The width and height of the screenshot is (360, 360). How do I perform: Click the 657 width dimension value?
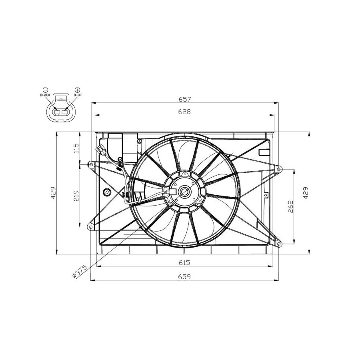click(184, 99)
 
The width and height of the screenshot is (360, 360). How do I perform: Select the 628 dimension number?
click(184, 112)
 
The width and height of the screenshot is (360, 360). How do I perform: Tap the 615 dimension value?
click(184, 262)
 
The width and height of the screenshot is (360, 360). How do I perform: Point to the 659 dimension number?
click(184, 277)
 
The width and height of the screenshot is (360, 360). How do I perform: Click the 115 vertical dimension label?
click(76, 148)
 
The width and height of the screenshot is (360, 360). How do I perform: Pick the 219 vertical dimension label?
click(76, 196)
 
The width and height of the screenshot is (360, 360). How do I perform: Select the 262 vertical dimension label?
click(290, 207)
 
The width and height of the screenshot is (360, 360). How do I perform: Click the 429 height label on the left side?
click(53, 193)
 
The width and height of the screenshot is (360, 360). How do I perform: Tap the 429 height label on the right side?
click(306, 193)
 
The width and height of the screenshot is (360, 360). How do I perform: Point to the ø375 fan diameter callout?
click(80, 271)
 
